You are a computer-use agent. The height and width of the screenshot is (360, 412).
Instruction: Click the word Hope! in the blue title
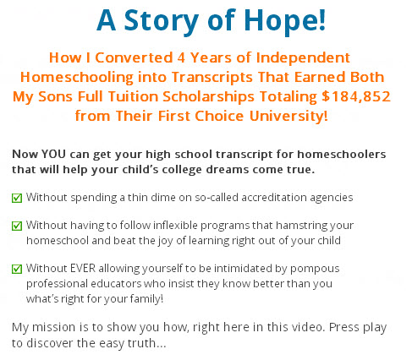284,21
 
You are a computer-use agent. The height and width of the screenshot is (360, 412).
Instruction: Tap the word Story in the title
162,21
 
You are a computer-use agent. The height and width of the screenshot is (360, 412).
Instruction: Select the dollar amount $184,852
356,96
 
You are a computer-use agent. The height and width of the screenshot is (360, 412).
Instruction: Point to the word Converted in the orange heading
134,57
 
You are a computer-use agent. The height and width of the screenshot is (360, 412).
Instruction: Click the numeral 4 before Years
181,57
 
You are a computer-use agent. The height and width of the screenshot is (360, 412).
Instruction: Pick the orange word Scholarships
209,96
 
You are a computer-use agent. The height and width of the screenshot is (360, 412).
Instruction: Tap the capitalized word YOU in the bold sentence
53,154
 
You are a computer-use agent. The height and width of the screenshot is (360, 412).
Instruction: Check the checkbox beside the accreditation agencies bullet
17,198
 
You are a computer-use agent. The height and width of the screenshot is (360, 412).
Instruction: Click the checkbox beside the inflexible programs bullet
17,226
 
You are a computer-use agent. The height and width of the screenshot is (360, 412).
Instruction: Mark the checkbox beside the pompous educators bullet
17,269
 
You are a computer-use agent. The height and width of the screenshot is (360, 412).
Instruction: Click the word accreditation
274,197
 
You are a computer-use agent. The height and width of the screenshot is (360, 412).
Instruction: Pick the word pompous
315,269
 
